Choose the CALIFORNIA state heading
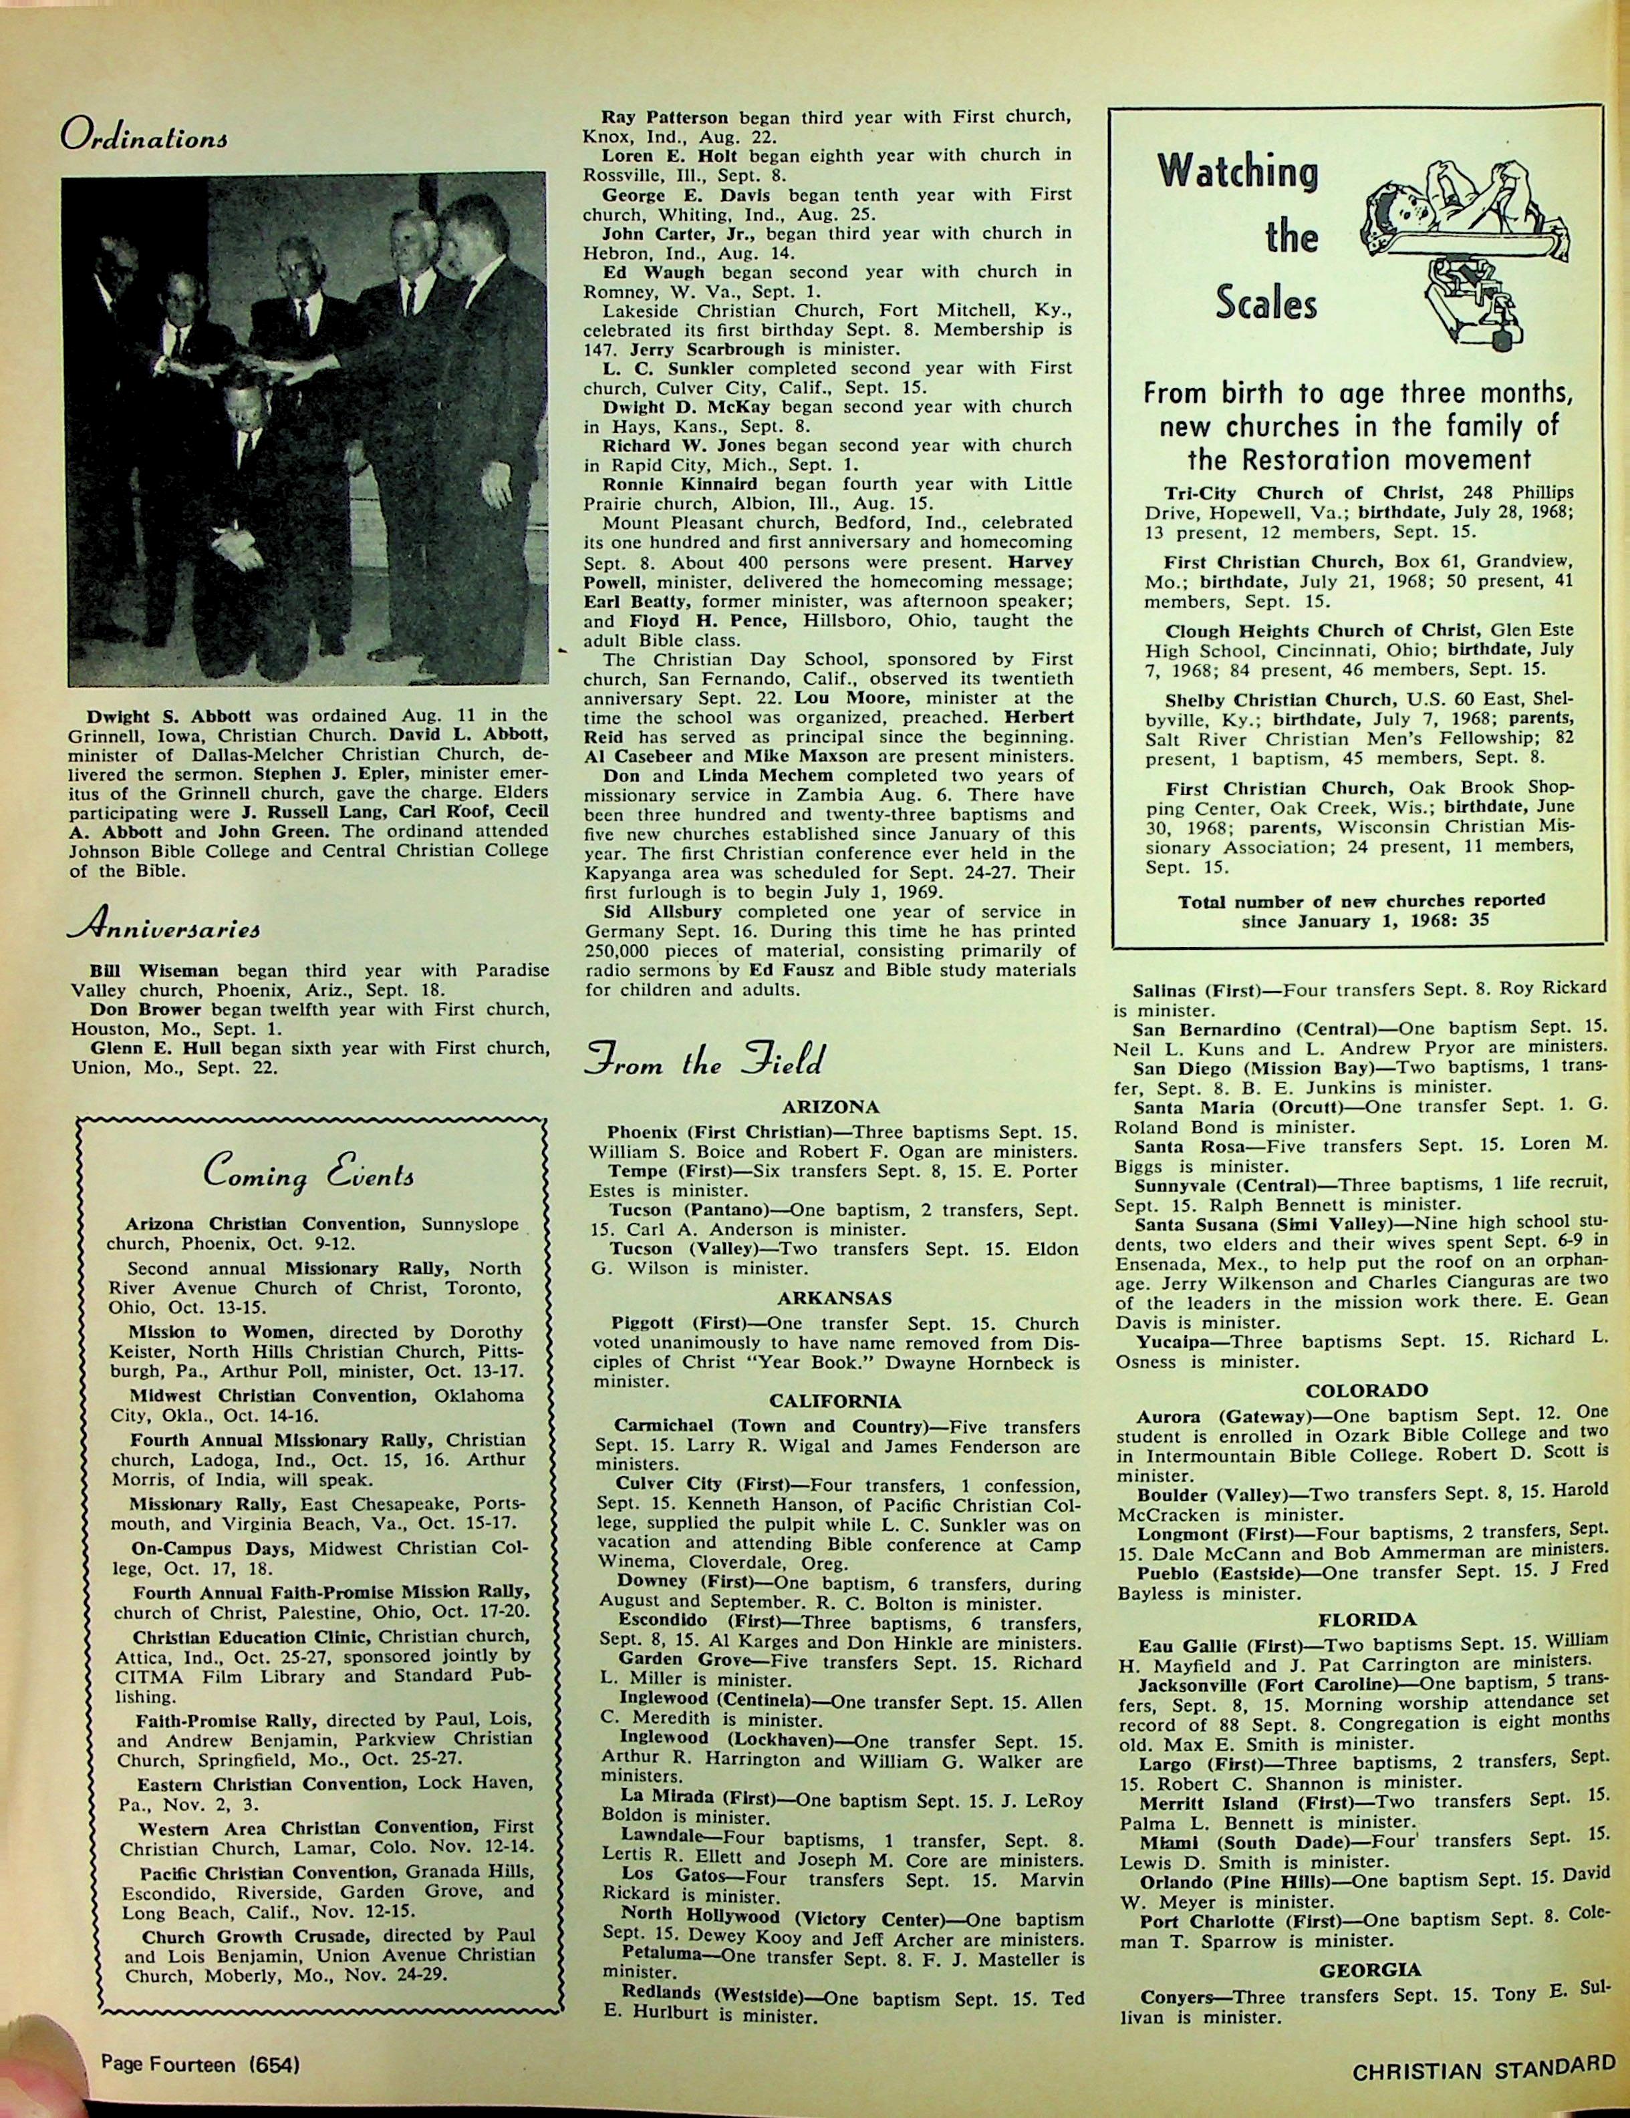[835, 1401]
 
